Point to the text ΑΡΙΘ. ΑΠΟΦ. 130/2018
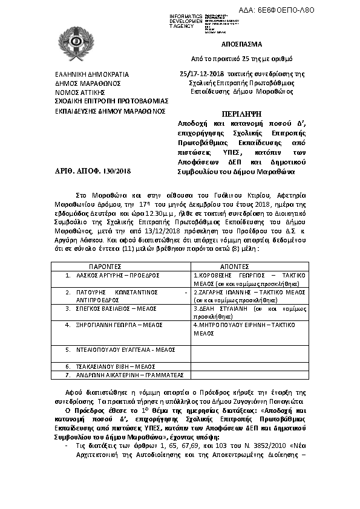pos(88,172)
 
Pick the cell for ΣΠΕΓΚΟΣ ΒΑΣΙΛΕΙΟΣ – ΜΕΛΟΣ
pos(110,308)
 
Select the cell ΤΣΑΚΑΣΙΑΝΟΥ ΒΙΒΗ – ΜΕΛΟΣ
pos(108,366)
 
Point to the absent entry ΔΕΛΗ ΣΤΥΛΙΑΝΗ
pos(220,308)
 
